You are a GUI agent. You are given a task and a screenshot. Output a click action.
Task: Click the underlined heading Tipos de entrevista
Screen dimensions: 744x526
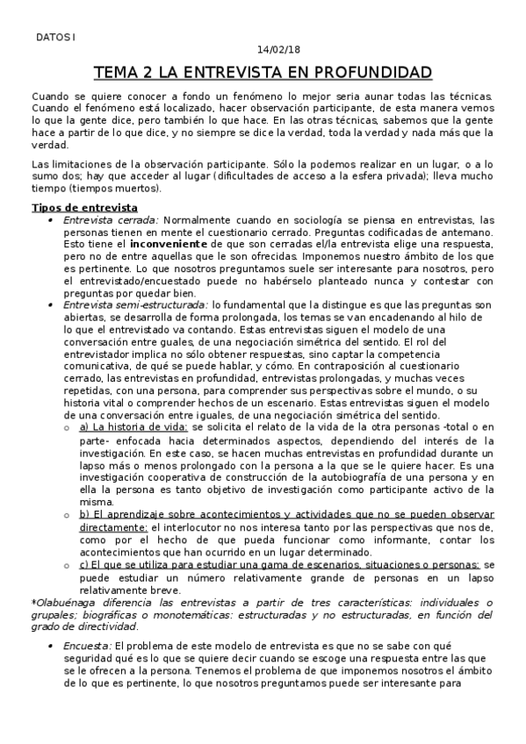(77, 207)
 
